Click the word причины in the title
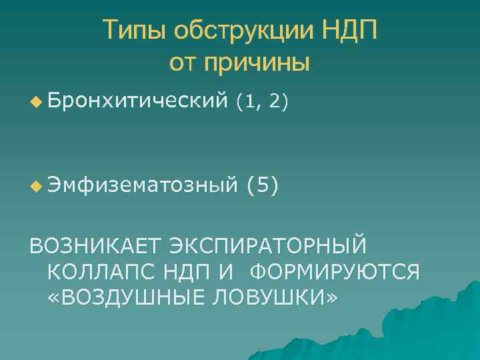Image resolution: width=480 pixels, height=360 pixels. (257, 63)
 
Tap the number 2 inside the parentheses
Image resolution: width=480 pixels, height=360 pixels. (275, 102)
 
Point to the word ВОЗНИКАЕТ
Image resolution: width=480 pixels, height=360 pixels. (93, 246)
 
